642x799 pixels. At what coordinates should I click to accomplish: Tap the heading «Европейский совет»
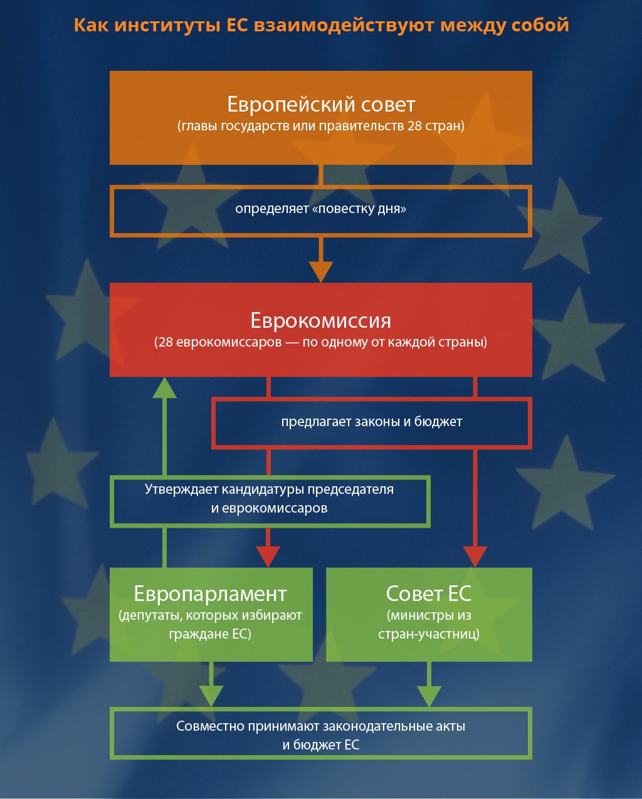coord(321,103)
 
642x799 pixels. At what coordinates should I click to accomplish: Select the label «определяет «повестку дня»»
coord(321,209)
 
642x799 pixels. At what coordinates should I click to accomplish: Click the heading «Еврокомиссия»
coord(321,320)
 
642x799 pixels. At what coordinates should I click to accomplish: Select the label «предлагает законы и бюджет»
coord(372,422)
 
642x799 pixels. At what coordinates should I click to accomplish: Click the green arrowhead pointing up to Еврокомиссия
coord(165,388)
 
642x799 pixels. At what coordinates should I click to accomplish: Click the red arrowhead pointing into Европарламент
coord(268,555)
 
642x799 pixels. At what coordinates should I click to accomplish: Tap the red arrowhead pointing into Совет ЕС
coord(475,555)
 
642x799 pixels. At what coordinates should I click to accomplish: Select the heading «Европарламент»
coord(211,593)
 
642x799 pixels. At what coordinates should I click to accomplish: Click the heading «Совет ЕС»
coord(429,593)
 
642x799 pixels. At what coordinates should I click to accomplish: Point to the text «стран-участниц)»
coord(429,634)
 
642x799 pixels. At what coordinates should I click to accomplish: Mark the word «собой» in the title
coord(540,25)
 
